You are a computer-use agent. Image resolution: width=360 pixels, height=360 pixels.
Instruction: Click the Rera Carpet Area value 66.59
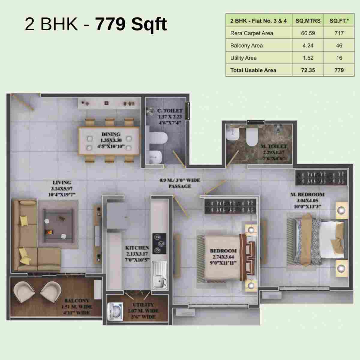(308, 33)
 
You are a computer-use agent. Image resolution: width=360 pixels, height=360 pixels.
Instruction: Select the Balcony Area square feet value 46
(339, 46)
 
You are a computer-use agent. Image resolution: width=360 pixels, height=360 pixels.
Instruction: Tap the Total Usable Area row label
(253, 70)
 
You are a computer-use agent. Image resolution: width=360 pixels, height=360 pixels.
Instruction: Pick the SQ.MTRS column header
(308, 21)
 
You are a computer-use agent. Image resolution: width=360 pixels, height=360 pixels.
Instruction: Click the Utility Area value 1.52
(308, 58)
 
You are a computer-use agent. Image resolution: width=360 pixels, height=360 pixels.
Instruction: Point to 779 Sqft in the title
(131, 24)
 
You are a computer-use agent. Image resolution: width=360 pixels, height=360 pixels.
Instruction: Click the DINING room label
(111, 134)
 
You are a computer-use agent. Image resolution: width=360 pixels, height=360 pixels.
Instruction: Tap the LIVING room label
(62, 182)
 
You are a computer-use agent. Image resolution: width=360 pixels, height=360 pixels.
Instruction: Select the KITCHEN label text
(137, 248)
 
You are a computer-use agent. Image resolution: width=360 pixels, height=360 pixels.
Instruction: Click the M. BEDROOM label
(307, 194)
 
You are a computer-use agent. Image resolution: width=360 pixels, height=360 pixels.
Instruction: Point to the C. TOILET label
(170, 111)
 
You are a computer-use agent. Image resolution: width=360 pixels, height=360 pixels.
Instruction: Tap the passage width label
(180, 183)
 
